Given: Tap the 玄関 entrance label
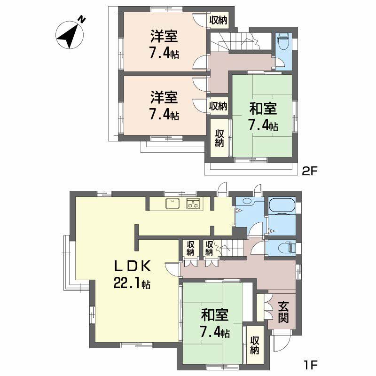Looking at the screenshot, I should (x=283, y=312).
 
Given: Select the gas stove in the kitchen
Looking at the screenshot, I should (x=193, y=204).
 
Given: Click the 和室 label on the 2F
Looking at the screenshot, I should (x=263, y=109).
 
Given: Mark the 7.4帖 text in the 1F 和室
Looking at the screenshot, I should (x=215, y=333).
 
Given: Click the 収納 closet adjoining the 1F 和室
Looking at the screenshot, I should (x=254, y=345).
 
